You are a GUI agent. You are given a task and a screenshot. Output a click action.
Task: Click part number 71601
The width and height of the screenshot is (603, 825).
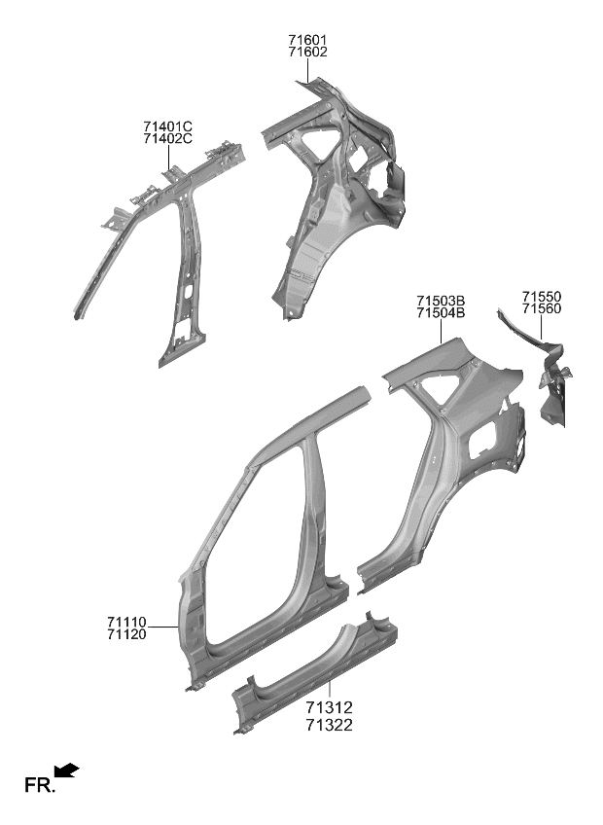[307, 40]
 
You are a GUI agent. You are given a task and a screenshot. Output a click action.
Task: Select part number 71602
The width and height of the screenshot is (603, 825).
[307, 53]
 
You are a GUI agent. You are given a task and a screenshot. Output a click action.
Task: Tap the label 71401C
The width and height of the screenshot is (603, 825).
[167, 126]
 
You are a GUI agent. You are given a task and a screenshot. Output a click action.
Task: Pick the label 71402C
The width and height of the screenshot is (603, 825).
[167, 139]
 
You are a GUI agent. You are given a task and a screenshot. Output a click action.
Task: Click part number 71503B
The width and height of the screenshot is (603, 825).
[441, 301]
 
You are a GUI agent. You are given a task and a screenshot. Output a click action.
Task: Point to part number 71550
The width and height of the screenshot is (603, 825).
[541, 296]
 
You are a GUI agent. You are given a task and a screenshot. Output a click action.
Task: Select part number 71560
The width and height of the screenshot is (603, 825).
[541, 308]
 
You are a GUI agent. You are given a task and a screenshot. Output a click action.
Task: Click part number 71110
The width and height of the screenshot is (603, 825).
[126, 621]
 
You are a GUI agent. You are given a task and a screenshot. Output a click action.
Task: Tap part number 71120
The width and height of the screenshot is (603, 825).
[126, 633]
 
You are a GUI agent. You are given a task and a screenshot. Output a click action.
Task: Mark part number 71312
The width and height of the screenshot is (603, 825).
[328, 709]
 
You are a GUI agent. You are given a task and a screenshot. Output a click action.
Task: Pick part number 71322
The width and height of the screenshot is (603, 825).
[328, 725]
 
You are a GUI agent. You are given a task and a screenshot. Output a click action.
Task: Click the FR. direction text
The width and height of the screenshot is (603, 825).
[38, 784]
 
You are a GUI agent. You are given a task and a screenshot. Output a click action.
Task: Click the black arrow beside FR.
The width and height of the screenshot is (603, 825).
[67, 771]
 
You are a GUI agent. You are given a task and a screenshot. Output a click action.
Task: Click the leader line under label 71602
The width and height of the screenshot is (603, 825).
[307, 70]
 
